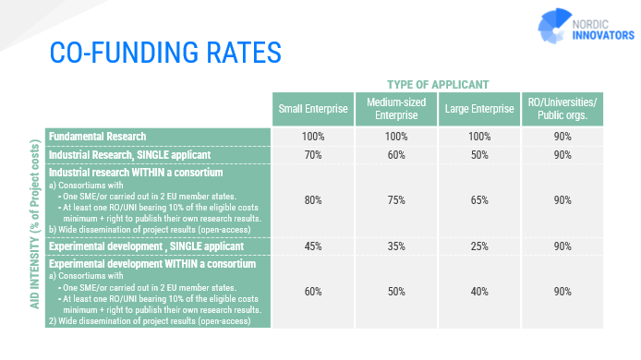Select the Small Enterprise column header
[312, 109]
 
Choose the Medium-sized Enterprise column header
[395, 109]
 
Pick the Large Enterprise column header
[479, 109]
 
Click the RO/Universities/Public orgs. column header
[562, 109]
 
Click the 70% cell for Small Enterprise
[312, 155]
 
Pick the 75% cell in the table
[395, 200]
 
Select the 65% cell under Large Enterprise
[479, 200]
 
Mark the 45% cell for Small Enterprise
[312, 246]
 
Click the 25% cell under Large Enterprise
[479, 246]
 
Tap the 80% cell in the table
[312, 200]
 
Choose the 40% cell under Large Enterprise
[479, 291]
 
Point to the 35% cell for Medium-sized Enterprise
[395, 246]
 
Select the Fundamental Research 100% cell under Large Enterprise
[479, 136]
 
